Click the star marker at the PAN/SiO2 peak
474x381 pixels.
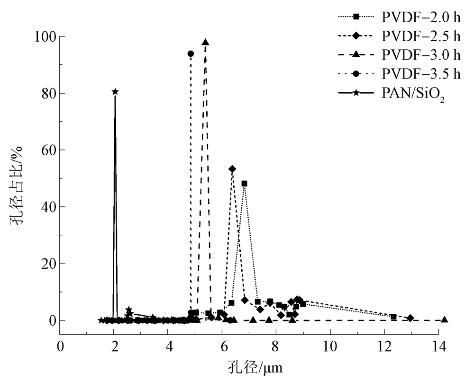[115, 92]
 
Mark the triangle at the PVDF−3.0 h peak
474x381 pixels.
[205, 42]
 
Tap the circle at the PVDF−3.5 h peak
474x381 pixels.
[191, 54]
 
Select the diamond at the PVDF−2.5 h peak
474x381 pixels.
[232, 169]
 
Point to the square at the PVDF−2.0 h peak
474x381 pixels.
[244, 184]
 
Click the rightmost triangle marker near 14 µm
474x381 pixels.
[444, 320]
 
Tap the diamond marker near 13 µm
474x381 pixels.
[410, 318]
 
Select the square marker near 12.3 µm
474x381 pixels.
[393, 317]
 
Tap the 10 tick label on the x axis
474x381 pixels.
[330, 346]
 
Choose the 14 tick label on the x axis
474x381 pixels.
[438, 346]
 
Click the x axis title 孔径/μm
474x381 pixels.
[250, 366]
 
